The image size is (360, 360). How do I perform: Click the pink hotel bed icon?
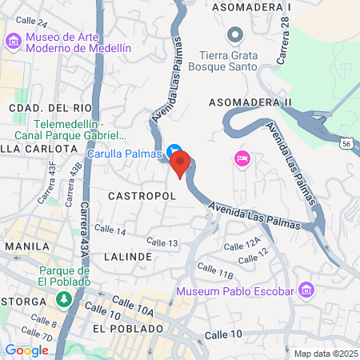(242, 158)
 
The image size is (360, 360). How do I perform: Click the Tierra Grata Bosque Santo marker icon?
(234, 35)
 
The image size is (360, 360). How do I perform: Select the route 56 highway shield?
(345, 142)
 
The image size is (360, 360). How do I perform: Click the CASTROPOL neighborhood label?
(136, 194)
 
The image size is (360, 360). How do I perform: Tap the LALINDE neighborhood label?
(127, 257)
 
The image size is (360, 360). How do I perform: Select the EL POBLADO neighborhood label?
(127, 329)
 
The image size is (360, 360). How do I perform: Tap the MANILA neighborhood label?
(27, 246)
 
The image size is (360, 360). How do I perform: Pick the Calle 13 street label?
(162, 242)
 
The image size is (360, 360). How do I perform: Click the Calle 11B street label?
(214, 272)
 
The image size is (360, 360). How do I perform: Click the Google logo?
(26, 350)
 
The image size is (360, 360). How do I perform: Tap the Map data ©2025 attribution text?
(325, 353)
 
